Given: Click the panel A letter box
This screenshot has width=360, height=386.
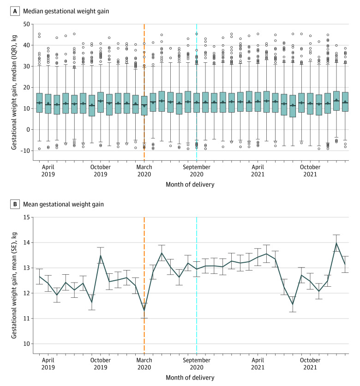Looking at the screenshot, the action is [15, 12].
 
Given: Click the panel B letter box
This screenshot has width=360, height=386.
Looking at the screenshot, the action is [15, 205].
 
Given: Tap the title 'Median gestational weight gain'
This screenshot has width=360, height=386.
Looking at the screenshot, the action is [66, 12].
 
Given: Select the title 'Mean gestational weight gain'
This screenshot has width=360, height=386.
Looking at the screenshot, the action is [64, 205].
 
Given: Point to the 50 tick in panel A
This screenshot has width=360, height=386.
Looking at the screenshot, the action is [27, 24].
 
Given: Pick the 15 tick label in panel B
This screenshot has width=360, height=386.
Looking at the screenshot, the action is [27, 217].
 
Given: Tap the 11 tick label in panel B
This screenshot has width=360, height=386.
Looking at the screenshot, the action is [27, 318].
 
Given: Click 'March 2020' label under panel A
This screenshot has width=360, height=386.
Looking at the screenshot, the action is [144, 170].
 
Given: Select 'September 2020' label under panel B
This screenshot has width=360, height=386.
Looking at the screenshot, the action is [197, 363].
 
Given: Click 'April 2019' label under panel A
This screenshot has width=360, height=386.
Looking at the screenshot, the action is [48, 170].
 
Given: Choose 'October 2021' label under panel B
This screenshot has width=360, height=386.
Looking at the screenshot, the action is [310, 363].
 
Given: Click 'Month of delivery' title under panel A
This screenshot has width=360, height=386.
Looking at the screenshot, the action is [190, 185].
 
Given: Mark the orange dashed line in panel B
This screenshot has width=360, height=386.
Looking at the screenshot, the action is [144, 285].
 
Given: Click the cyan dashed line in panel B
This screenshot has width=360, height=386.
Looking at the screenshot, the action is [197, 285].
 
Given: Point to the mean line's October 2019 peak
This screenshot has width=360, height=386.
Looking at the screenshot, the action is [101, 255].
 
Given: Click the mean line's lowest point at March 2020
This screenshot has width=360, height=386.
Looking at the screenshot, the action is [144, 311].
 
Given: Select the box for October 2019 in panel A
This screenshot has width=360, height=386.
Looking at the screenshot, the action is [101, 103].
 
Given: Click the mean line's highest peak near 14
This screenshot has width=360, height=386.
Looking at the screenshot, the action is [336, 243].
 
